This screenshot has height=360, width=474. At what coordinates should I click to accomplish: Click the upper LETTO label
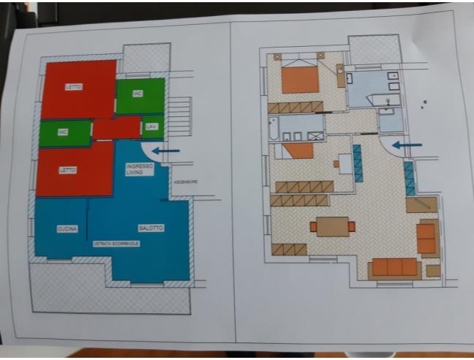tap(73, 86)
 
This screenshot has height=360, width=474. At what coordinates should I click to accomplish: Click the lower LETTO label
tap(67, 170)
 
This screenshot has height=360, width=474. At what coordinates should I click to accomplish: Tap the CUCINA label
tap(67, 229)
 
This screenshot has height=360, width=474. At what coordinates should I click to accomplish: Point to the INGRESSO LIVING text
tap(139, 169)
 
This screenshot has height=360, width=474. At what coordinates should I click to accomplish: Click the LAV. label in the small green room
tap(151, 127)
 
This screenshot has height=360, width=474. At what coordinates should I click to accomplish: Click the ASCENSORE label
tap(185, 181)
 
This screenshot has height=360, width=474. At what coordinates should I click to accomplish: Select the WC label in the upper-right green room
tap(137, 94)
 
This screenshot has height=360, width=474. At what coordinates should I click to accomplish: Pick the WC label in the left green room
tap(64, 132)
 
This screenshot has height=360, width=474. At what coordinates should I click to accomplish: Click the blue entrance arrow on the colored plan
tap(168, 151)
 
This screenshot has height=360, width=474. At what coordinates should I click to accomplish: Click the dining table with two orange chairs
tap(332, 227)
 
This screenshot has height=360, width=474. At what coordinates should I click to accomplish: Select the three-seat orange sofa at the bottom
tap(394, 267)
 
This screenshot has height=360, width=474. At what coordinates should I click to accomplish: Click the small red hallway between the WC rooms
tap(117, 129)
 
